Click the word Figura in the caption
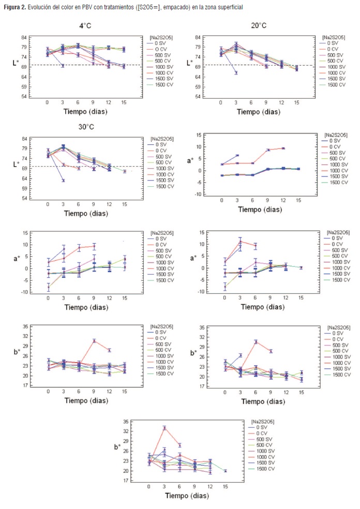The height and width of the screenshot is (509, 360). click(12, 7)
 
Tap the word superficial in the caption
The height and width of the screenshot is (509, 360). click(229, 7)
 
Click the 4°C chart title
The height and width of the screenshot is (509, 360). click(87, 25)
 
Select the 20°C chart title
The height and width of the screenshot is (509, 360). click(259, 25)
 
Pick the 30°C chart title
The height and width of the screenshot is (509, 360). click(87, 126)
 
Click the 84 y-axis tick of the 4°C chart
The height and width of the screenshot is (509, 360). click(24, 37)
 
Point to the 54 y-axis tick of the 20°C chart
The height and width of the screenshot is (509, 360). click(198, 97)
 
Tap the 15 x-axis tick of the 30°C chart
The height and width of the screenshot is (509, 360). click(125, 204)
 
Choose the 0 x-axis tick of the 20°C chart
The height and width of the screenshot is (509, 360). click(221, 102)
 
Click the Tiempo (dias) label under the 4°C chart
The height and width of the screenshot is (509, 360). click(86, 111)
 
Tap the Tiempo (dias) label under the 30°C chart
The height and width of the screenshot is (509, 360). click(86, 213)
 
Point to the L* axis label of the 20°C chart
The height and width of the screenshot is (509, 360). click(190, 63)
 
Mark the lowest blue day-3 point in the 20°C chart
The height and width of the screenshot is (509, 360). click(236, 72)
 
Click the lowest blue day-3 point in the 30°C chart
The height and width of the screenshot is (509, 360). click(63, 180)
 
